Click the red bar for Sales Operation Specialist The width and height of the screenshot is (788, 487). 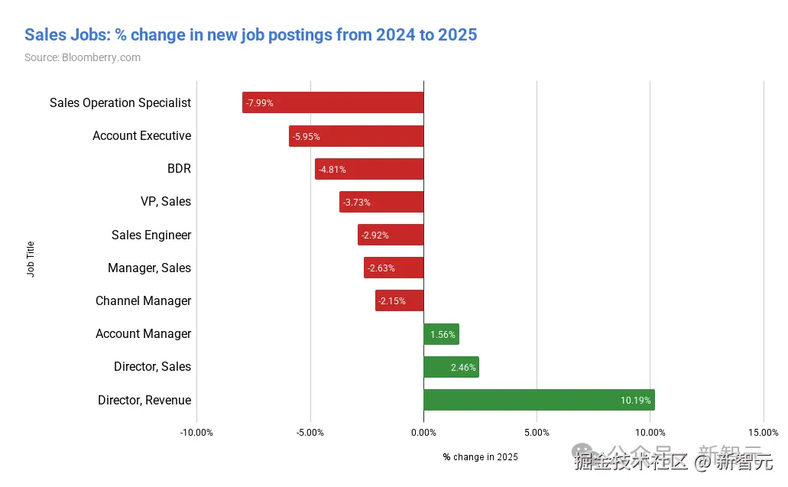pos(333,102)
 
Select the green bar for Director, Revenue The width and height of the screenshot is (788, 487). pos(539,400)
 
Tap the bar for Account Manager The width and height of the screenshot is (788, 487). pos(441,334)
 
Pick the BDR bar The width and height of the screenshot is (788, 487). pos(369,169)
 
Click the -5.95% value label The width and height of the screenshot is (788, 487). pos(306,136)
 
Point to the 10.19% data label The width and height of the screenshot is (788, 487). pos(635,400)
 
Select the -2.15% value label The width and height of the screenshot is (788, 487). pos(391,301)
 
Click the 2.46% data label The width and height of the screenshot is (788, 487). pos(463,368)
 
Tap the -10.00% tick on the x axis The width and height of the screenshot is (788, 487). pos(196,432)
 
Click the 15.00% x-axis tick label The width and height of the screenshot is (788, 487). pos(763,432)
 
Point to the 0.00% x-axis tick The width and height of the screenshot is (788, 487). pos(423,432)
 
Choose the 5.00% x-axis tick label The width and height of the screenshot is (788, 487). pos(537,432)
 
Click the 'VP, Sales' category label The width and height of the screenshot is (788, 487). pos(166,202)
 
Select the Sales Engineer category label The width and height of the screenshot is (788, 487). pos(151,235)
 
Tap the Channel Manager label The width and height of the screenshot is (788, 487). pos(144,301)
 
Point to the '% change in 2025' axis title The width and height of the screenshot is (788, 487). pos(480,457)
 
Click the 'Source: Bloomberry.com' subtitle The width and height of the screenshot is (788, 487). pos(83,57)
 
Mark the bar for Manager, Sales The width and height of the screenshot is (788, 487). pos(394,268)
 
